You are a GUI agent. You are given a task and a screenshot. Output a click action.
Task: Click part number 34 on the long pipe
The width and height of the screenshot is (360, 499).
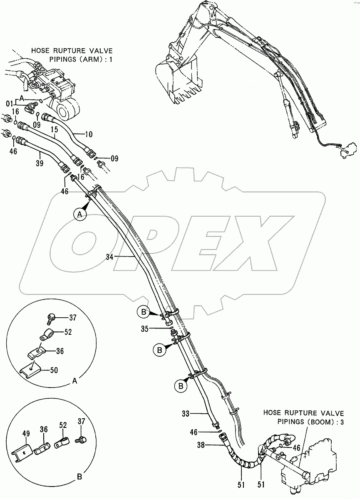tap(109, 257)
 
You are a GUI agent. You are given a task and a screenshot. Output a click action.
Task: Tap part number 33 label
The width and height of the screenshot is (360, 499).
tap(186, 414)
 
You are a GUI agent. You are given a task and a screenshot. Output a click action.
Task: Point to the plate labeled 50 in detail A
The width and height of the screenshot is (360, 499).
tap(32, 368)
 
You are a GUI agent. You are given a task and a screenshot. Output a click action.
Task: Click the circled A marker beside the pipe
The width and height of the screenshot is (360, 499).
tap(80, 214)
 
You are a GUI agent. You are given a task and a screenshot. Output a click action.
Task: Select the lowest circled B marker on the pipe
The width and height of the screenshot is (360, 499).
tap(180, 386)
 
